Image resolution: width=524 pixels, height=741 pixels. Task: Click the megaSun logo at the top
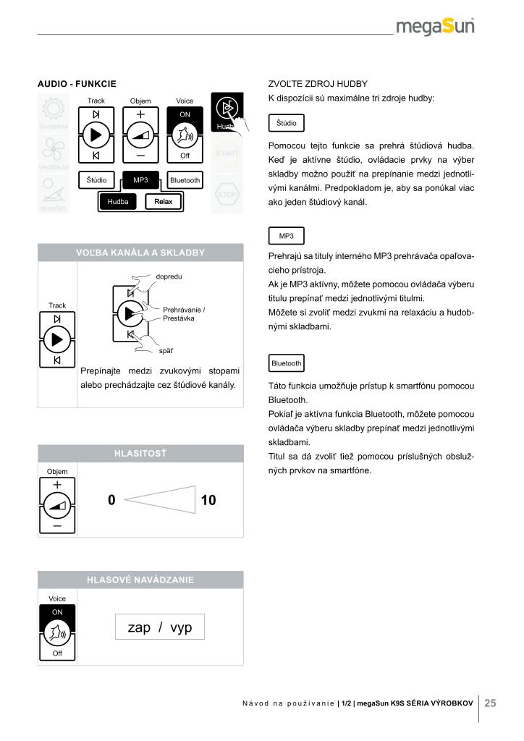[x=435, y=27]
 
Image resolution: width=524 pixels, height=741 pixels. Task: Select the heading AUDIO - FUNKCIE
[x=77, y=85]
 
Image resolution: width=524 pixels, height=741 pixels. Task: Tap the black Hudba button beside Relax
[x=118, y=202]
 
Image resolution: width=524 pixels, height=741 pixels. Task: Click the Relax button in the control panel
[x=163, y=202]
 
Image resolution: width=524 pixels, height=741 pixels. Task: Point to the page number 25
[x=490, y=702]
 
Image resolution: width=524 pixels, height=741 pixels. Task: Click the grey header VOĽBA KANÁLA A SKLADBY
[x=140, y=253]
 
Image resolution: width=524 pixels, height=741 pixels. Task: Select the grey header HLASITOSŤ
[x=140, y=454]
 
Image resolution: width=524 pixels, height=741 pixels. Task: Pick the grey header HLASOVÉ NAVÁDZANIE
[x=140, y=580]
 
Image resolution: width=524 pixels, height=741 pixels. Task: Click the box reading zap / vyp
[x=160, y=627]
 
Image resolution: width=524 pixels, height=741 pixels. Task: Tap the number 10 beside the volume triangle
[x=208, y=500]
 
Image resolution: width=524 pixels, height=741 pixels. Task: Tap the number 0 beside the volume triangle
[x=111, y=500]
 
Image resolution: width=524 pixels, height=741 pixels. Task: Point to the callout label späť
[x=166, y=351]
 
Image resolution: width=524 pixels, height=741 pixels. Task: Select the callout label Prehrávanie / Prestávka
[x=184, y=314]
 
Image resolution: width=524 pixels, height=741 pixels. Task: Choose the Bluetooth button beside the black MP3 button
[x=185, y=179]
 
